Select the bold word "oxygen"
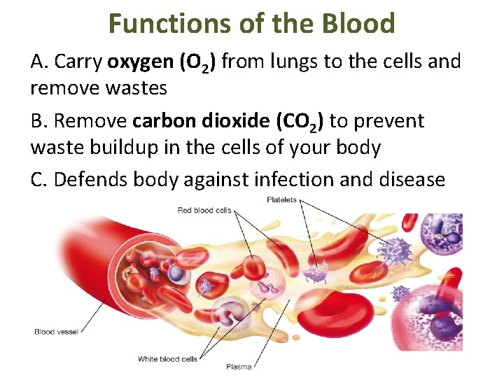pos(141,62)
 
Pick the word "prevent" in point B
pos(389,121)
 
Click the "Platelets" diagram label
pos(281,200)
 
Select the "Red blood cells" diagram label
pos(204,210)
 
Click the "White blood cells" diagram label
pos(167,359)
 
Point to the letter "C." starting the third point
pos(39,179)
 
